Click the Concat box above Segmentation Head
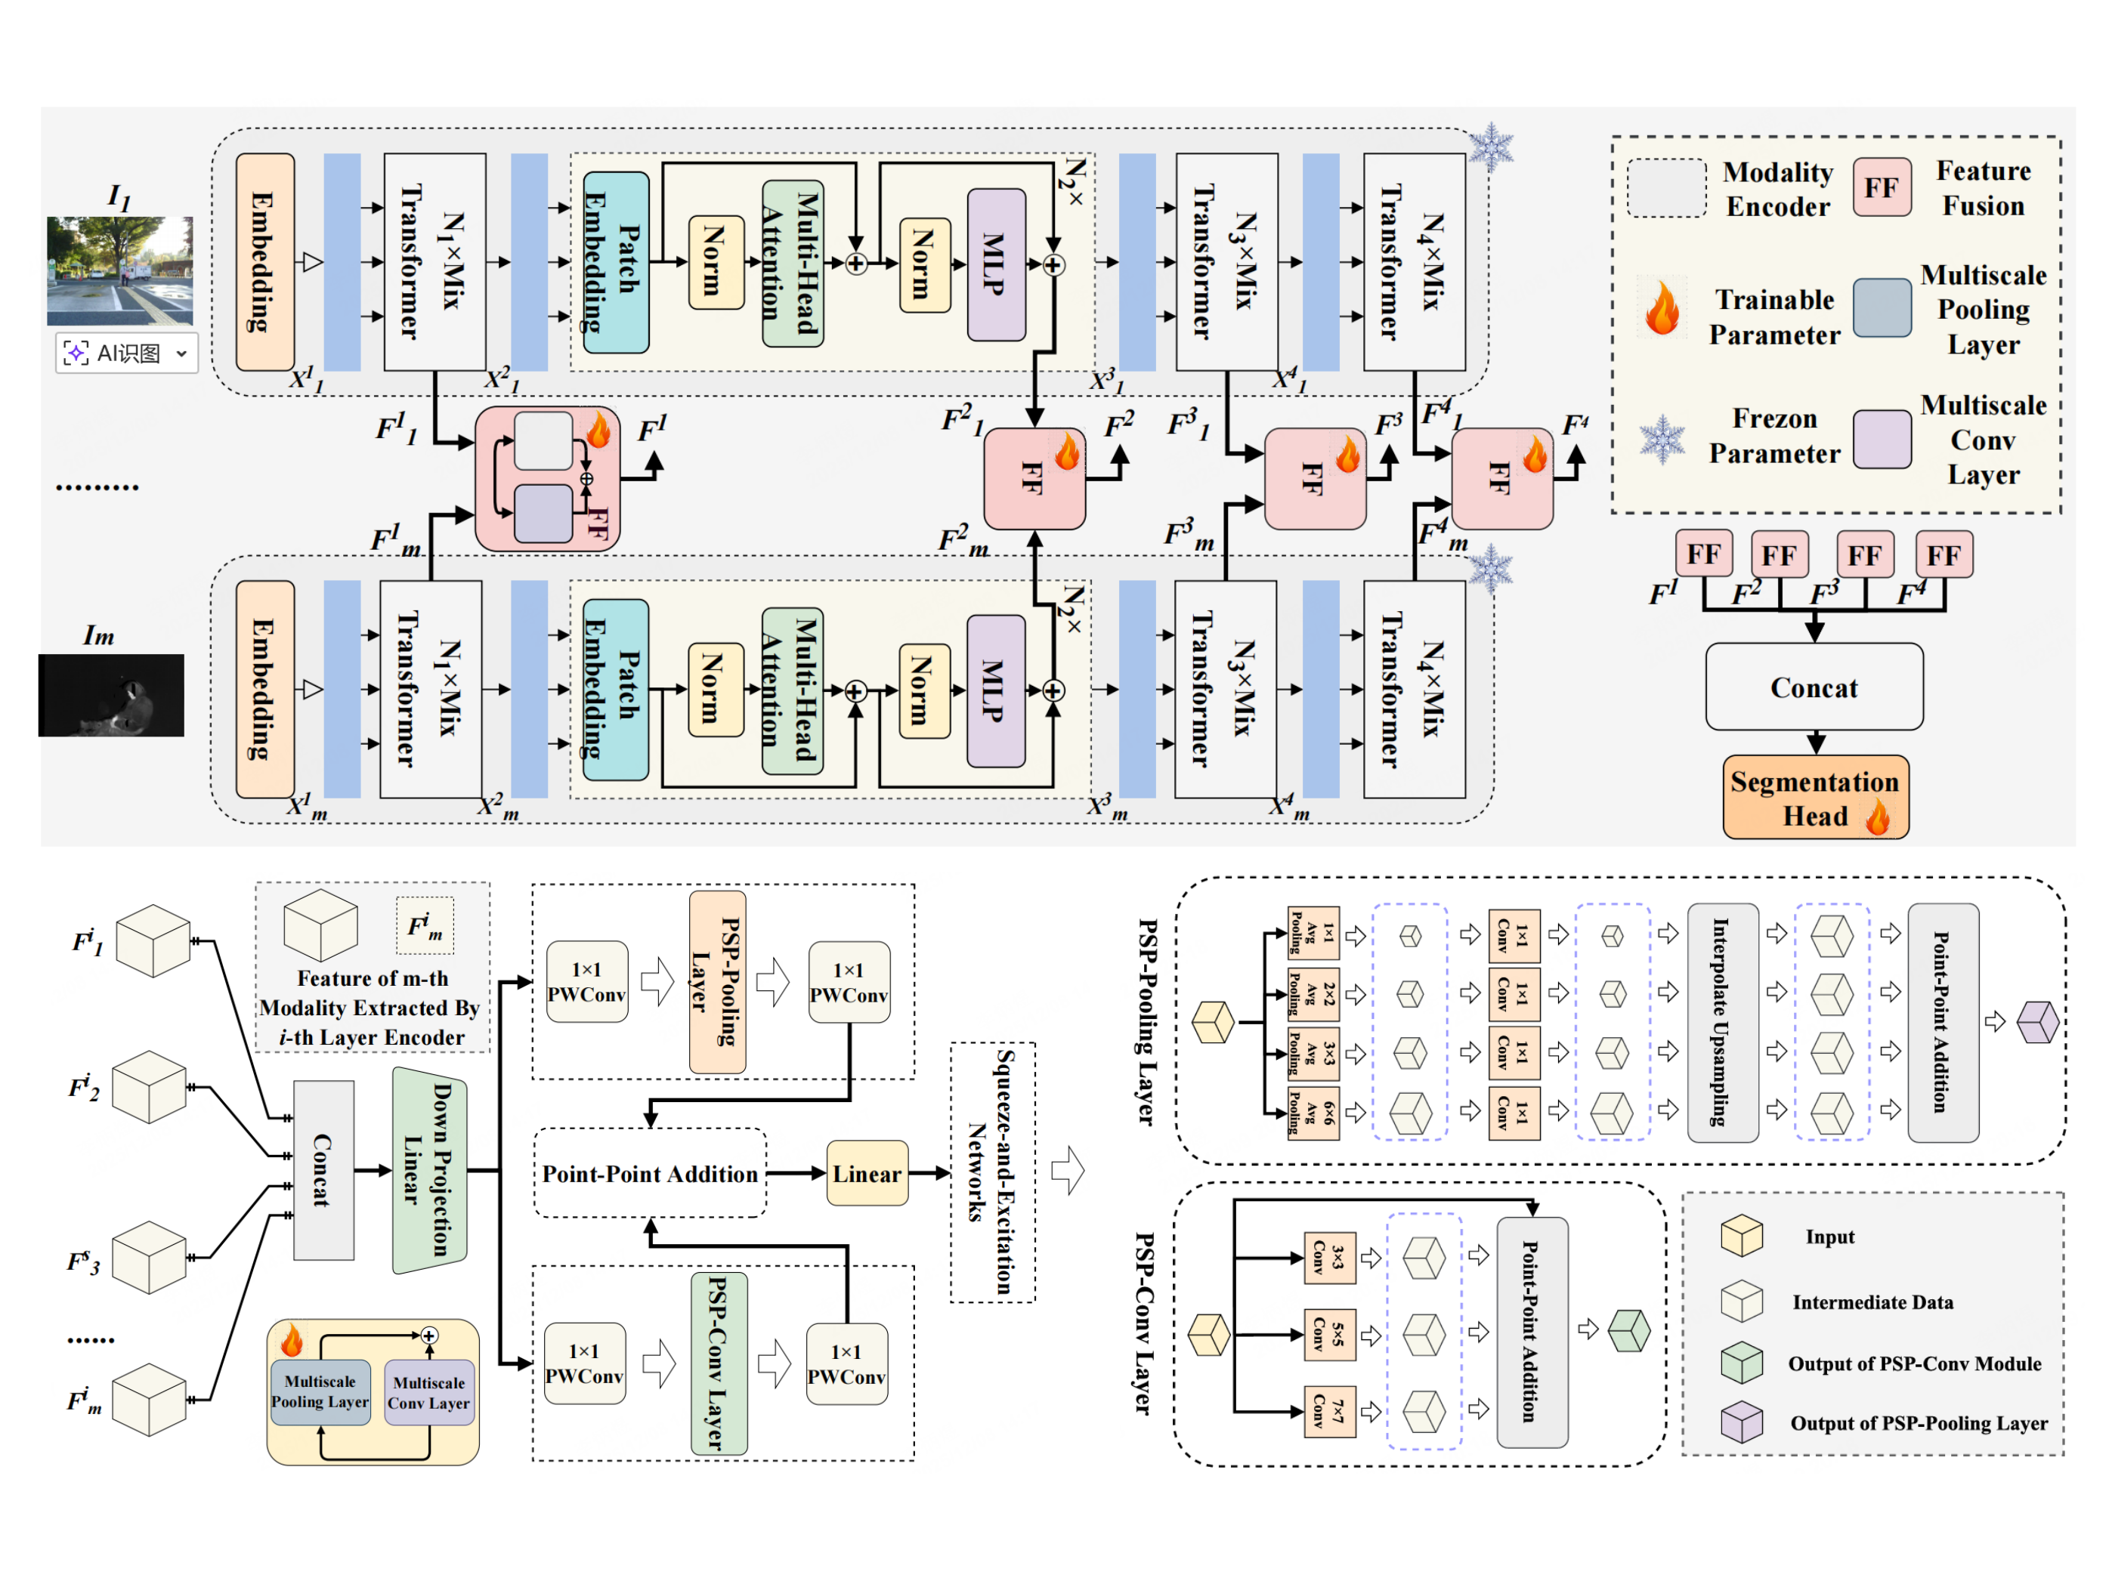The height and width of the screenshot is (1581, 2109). [1814, 687]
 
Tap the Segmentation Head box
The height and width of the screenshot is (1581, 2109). [1814, 798]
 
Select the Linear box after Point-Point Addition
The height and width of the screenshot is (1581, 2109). [867, 1173]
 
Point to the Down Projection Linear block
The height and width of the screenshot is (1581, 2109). [429, 1169]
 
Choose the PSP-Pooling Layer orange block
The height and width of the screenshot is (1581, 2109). [717, 981]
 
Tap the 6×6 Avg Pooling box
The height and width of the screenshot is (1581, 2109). [1313, 1112]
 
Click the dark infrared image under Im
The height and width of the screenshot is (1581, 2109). [112, 695]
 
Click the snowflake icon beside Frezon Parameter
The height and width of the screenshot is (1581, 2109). [1662, 440]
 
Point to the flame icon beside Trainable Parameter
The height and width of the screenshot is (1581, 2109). [1662, 307]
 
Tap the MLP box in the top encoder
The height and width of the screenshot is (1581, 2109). [995, 264]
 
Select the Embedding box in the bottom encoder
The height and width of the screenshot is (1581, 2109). [264, 688]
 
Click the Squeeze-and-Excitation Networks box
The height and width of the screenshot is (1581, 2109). [991, 1172]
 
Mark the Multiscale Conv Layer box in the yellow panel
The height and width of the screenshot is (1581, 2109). [429, 1392]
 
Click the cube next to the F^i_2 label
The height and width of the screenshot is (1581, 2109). [149, 1086]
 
